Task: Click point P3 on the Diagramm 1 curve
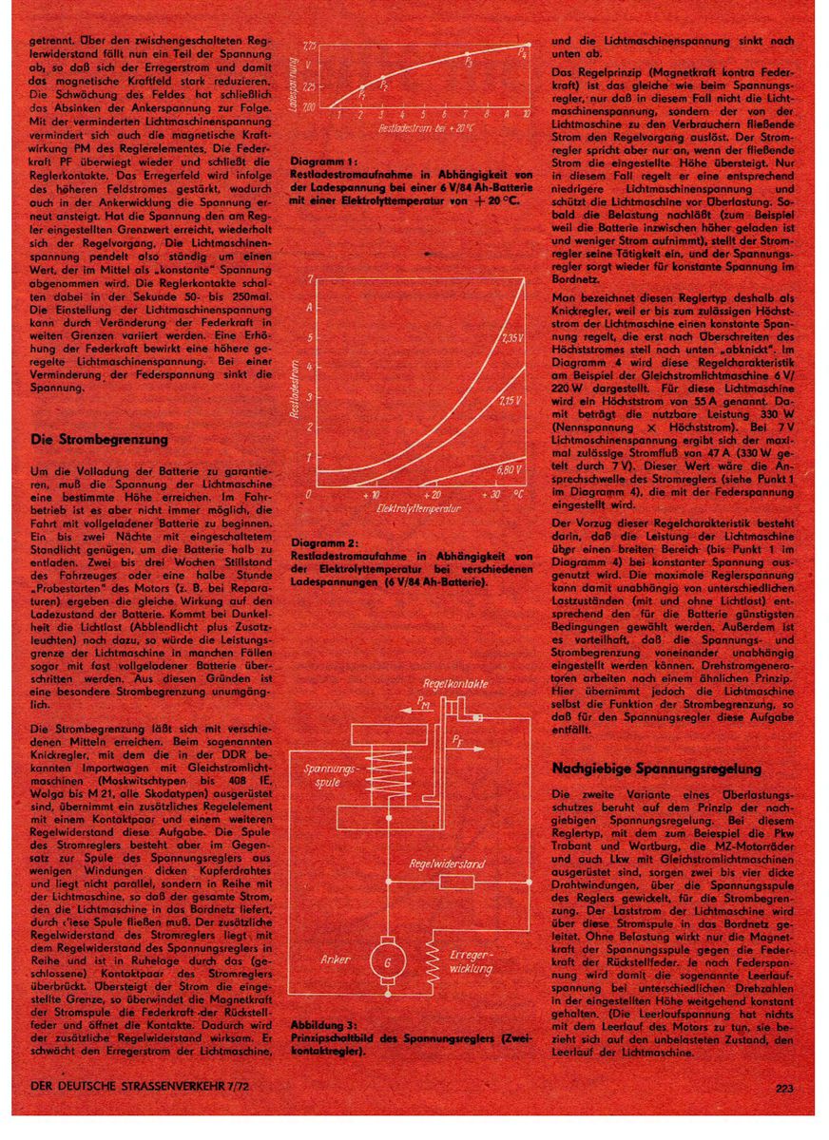click(x=466, y=53)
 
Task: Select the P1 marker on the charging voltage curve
click(x=361, y=87)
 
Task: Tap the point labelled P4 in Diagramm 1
click(x=521, y=45)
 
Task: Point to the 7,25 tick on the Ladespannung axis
click(x=309, y=45)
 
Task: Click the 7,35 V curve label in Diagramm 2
click(x=511, y=337)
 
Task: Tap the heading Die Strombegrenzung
click(x=99, y=440)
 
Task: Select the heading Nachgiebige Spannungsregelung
click(x=656, y=768)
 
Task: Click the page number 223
click(x=784, y=1089)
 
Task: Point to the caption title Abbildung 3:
click(x=323, y=1025)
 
